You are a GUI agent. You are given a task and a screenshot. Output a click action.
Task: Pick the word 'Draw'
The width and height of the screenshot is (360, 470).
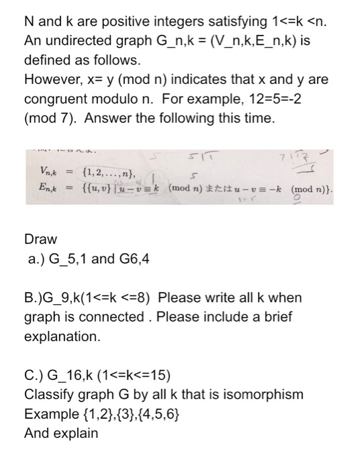[40, 239]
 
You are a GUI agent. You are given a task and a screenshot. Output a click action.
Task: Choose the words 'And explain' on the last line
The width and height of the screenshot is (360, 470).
[60, 433]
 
